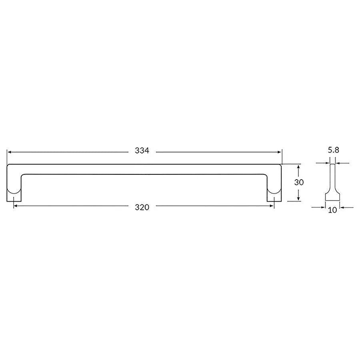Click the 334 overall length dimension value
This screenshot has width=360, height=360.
(x=142, y=151)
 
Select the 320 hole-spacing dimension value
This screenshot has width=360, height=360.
(x=142, y=207)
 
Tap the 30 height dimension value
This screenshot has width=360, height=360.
(x=299, y=182)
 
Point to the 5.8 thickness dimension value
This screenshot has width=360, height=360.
(x=334, y=150)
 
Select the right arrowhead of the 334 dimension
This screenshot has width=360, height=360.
(x=280, y=152)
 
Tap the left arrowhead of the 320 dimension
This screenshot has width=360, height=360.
(x=16, y=206)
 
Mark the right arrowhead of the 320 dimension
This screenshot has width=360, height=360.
(x=272, y=206)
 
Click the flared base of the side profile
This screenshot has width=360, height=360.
(x=332, y=196)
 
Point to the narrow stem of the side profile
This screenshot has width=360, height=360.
(x=332, y=176)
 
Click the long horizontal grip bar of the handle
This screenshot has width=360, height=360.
(x=144, y=169)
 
